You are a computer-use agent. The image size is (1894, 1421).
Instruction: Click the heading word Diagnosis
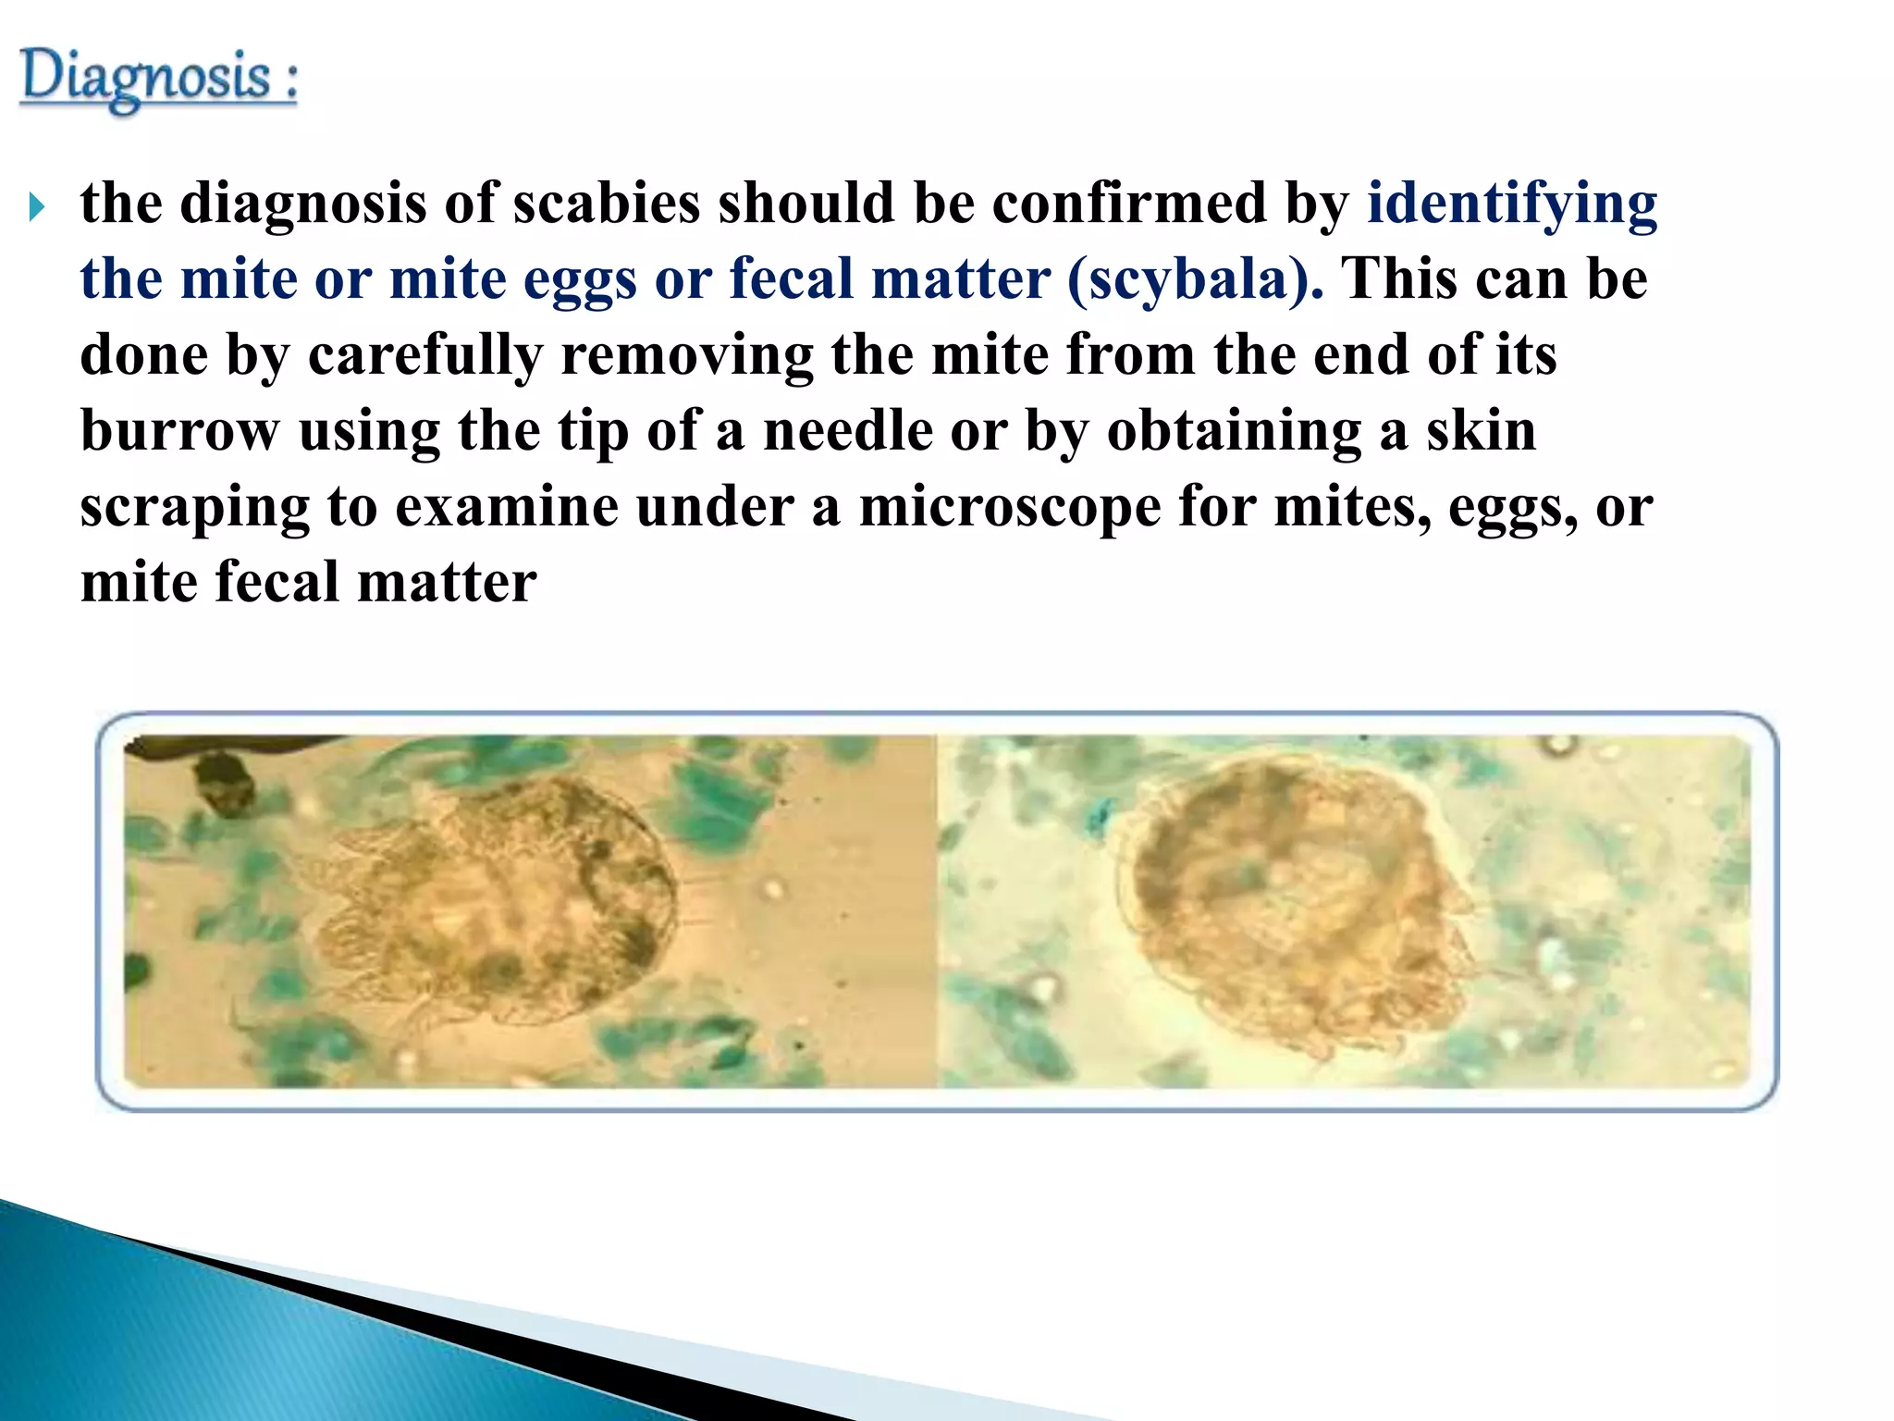[x=145, y=78]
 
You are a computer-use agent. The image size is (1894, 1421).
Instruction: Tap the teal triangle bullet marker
[x=37, y=206]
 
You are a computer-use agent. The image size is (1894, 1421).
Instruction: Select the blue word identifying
[x=1512, y=204]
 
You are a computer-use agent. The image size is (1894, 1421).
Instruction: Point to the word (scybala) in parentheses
[x=1195, y=279]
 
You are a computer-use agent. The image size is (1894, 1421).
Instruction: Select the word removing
[x=686, y=355]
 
